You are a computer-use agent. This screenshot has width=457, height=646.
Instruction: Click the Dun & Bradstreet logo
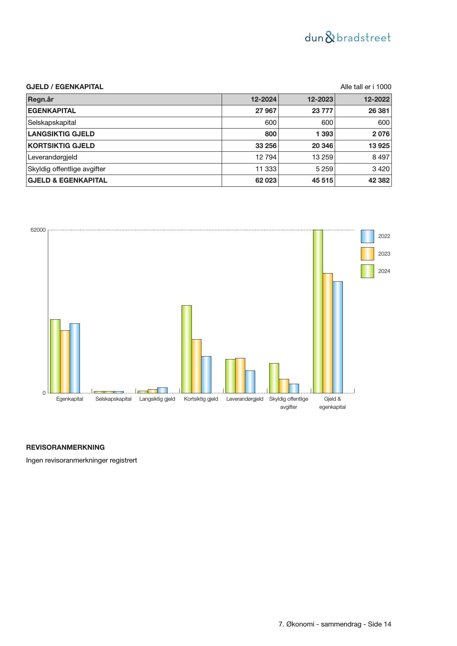tap(348, 38)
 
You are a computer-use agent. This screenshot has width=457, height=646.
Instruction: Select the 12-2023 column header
tap(320, 99)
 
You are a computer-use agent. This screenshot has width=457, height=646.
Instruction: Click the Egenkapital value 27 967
tap(266, 111)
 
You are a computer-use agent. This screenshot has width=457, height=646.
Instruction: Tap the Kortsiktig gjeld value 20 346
tap(322, 146)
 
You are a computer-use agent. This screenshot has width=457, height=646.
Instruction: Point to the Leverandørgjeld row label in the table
tap(53, 157)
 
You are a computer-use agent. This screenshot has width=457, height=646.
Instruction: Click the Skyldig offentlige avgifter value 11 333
tap(266, 169)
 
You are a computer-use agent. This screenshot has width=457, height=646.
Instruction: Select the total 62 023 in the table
tap(266, 180)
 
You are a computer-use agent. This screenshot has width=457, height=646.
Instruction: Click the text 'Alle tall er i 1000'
tap(366, 87)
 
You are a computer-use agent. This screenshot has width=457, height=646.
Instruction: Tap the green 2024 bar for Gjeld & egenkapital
tap(318, 311)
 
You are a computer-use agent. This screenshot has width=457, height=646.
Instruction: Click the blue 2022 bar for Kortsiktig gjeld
tap(206, 375)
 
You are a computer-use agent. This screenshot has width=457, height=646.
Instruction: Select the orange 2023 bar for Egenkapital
tap(65, 362)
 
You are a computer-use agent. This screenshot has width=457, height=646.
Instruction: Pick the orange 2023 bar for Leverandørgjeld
tap(240, 375)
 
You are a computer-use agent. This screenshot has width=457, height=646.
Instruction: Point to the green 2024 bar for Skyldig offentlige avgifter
tap(274, 378)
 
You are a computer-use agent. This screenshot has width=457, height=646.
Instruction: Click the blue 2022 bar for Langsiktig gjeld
tap(162, 390)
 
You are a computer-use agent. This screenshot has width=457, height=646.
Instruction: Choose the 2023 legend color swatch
tap(367, 254)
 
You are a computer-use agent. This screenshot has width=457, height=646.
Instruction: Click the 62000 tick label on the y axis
tap(38, 230)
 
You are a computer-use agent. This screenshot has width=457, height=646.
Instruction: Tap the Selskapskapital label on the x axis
tap(113, 399)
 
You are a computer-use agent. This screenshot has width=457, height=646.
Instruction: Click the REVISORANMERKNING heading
tap(65, 447)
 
